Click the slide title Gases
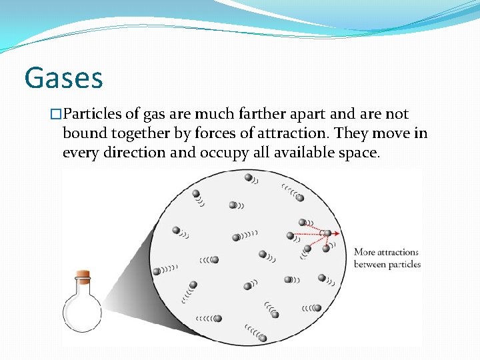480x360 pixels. click(63, 77)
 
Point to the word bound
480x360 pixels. click(83, 133)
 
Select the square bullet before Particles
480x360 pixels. click(57, 115)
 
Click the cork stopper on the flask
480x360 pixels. click(82, 274)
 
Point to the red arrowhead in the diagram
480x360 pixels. click(338, 233)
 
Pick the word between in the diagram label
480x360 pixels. click(370, 264)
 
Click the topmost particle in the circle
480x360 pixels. click(248, 177)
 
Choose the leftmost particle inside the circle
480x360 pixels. click(157, 271)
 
